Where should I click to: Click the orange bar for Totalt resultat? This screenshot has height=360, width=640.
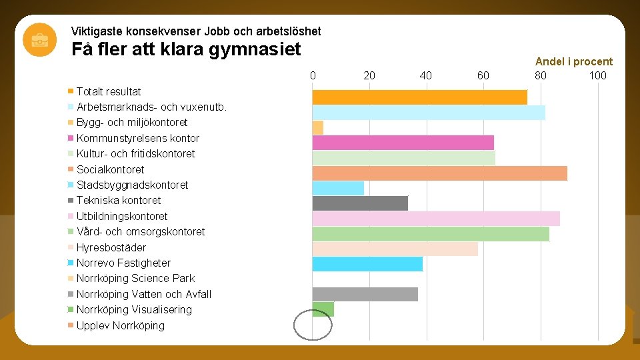coord(419,97)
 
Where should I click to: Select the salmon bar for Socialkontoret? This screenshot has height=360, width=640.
coord(439,173)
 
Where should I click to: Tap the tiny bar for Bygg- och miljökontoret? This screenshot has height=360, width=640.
coord(318,127)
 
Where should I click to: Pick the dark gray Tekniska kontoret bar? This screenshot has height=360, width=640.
coord(360,203)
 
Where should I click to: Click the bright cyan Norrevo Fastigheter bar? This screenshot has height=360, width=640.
coord(367,264)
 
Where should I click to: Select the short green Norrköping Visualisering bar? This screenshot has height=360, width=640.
coord(323,309)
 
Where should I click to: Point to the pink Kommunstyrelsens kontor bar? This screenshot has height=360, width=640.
coord(403,143)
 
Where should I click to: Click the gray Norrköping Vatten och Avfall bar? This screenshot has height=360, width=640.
coord(365,294)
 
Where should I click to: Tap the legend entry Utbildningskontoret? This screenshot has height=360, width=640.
coord(122,216)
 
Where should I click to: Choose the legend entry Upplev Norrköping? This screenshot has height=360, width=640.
coord(120,325)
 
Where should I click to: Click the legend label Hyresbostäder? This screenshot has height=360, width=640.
coord(111,247)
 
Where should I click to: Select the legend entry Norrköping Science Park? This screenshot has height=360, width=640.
coord(135,278)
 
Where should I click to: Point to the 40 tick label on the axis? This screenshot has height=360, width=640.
coord(426,75)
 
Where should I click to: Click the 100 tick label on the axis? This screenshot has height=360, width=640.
coord(597,75)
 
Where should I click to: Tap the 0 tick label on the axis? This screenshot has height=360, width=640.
coord(313,75)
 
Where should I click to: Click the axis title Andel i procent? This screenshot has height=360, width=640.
coord(573,61)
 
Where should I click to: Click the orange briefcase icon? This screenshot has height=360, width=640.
coord(39,39)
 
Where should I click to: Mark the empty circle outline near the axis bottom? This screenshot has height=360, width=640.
coord(313,325)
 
